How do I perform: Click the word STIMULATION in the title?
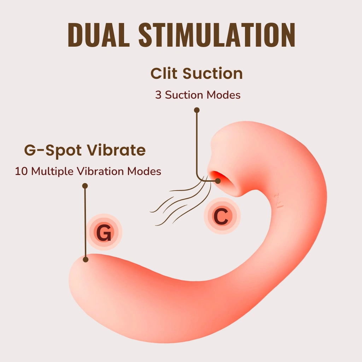click(x=217, y=35)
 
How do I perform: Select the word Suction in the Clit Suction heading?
click(x=213, y=74)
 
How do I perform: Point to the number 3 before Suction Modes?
click(x=158, y=95)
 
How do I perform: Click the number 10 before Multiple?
click(x=21, y=171)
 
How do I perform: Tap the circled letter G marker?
click(x=104, y=233)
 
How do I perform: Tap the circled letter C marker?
click(x=222, y=217)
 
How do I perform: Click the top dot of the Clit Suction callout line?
click(x=197, y=110)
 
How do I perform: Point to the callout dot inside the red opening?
click(x=218, y=181)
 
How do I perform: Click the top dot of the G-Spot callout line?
click(x=85, y=186)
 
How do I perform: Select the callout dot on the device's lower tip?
click(x=85, y=259)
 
